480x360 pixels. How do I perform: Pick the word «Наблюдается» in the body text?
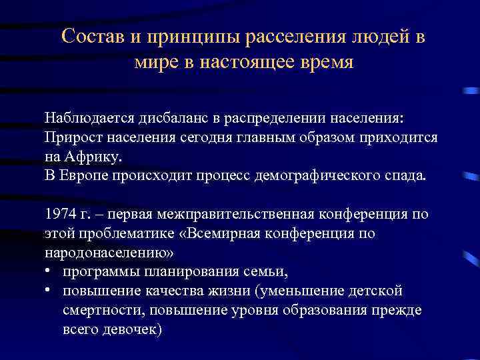pos(89,118)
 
